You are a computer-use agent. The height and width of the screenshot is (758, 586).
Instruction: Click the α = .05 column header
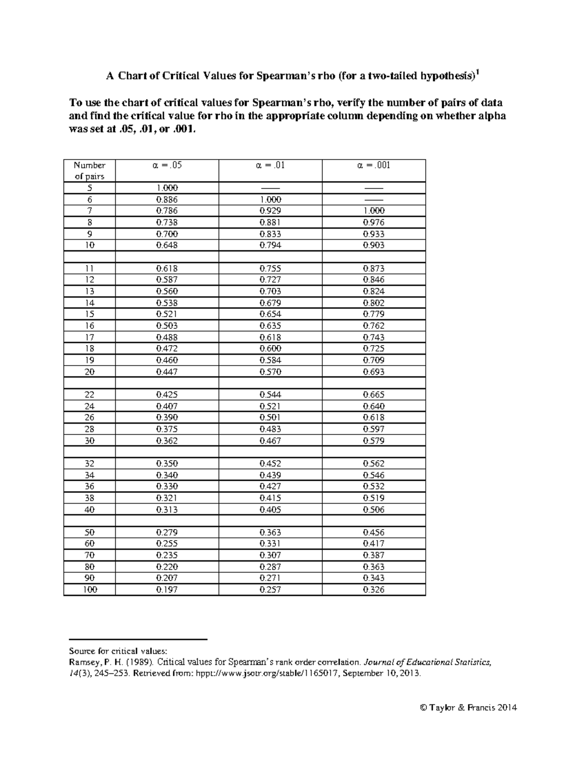(167, 165)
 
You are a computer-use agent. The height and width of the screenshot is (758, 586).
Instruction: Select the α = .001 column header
(374, 165)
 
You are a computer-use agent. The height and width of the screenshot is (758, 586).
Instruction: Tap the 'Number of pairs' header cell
(89, 171)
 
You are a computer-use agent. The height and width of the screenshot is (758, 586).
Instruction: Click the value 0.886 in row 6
(167, 200)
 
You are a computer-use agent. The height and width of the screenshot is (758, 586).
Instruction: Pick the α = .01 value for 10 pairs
(270, 246)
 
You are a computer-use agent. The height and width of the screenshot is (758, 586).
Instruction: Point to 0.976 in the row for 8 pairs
(374, 223)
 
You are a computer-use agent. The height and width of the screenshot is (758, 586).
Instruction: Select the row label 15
(89, 314)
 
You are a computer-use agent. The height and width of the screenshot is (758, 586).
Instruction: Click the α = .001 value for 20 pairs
(374, 372)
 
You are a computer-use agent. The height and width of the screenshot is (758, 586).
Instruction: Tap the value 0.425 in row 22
(167, 395)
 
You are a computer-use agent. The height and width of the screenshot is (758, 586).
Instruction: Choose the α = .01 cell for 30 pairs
(270, 441)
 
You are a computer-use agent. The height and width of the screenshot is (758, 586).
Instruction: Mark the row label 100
(89, 590)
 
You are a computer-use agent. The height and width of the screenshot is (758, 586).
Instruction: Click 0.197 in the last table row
(167, 590)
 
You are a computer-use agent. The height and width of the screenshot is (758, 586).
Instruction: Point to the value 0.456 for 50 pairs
(374, 533)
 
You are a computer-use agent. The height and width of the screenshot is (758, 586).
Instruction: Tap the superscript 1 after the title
(478, 72)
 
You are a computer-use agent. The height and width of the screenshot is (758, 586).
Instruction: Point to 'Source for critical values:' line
(118, 651)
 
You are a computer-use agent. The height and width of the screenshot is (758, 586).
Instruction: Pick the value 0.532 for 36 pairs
(374, 487)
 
